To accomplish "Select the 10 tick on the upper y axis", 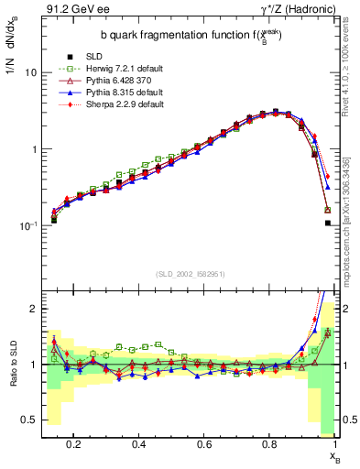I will (x=30, y=71).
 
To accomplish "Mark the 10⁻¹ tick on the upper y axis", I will (x=27, y=225).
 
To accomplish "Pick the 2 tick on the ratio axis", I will (x=33, y=309).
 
